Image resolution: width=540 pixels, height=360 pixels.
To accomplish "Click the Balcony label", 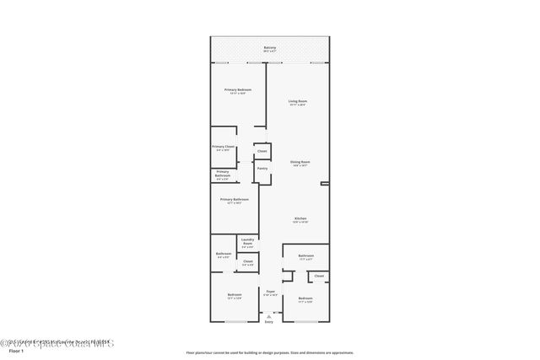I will pyautogui.click(x=270, y=47).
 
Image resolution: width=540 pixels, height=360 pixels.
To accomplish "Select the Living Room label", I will pyautogui.click(x=298, y=101).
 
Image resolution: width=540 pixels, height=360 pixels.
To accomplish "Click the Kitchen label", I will pyautogui.click(x=300, y=218).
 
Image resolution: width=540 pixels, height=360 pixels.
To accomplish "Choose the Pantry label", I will pyautogui.click(x=262, y=168).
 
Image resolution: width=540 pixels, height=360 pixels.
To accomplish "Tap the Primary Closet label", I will pyautogui.click(x=223, y=148).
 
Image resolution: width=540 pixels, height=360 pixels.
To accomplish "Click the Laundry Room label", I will pyautogui.click(x=247, y=240).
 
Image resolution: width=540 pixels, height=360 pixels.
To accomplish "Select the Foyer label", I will pyautogui.click(x=270, y=291).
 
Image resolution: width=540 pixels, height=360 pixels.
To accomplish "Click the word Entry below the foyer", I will pyautogui.click(x=269, y=322).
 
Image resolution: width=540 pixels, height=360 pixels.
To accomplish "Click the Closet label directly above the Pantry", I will pyautogui.click(x=262, y=151).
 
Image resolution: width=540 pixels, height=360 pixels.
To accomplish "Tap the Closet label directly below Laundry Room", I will pyautogui.click(x=247, y=261).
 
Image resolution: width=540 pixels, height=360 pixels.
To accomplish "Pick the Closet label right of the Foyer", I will pyautogui.click(x=319, y=276).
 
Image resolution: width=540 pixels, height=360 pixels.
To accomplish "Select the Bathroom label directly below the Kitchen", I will pyautogui.click(x=305, y=255).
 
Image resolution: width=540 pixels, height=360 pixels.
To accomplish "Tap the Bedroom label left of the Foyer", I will pyautogui.click(x=235, y=294).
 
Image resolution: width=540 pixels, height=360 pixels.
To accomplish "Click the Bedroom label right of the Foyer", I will pyautogui.click(x=305, y=298).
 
